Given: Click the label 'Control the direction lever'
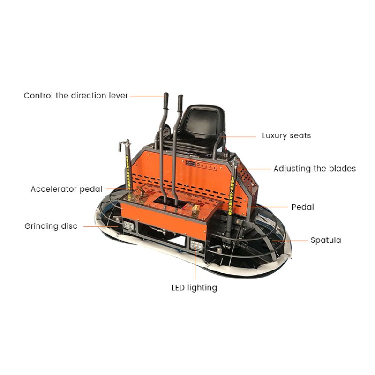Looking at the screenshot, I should tap(75, 96).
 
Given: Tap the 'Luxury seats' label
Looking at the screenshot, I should tap(286, 136).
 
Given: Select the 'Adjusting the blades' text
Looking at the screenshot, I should tap(315, 169).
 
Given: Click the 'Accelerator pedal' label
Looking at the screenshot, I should tap(66, 189).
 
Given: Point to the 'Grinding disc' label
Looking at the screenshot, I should tap(51, 226).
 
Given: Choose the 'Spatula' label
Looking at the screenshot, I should tap(326, 240).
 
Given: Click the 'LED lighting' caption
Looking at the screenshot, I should tap(194, 287).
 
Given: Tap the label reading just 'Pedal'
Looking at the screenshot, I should tap(303, 207).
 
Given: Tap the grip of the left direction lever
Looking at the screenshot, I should tap(165, 100).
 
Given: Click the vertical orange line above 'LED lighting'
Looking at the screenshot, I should tap(195, 265).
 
